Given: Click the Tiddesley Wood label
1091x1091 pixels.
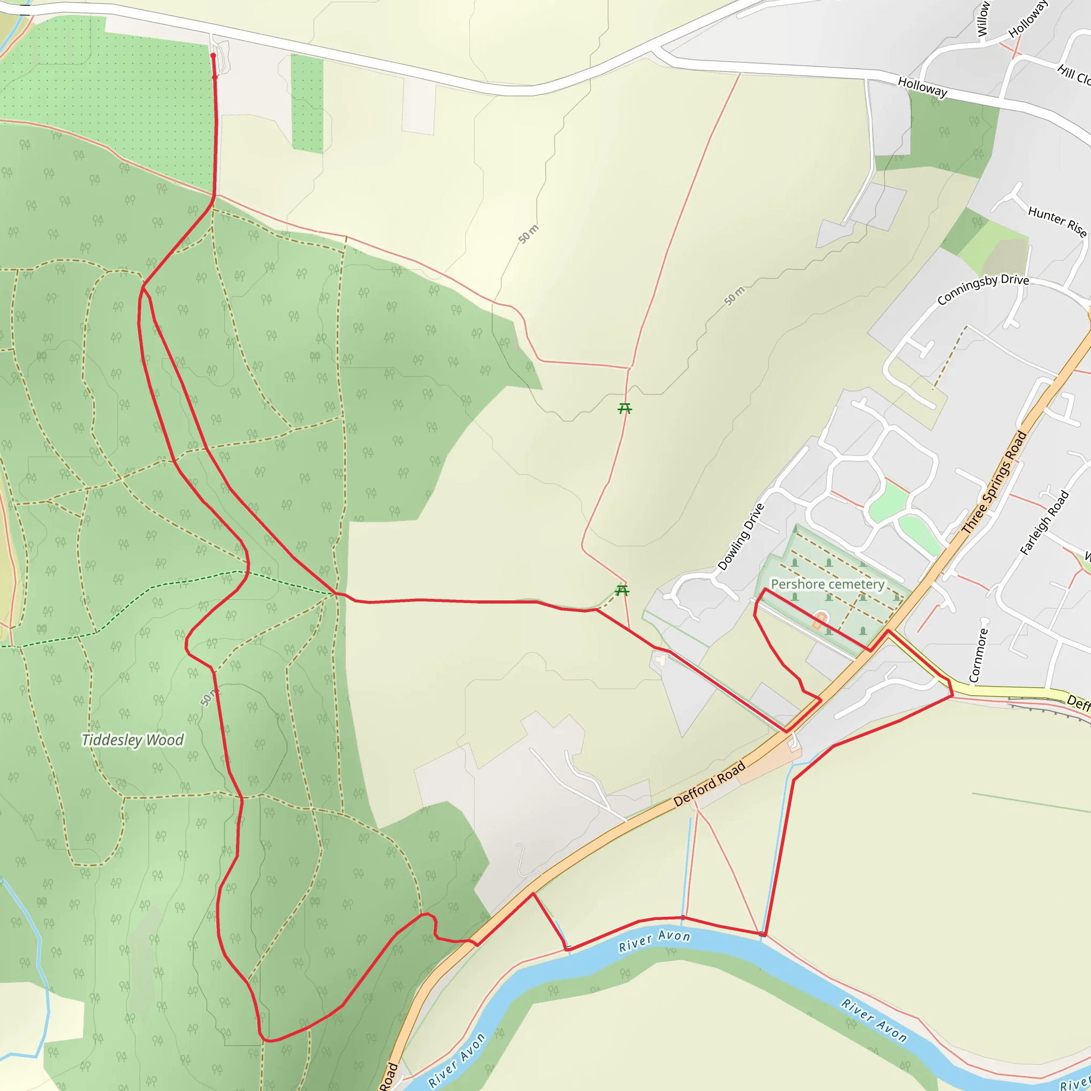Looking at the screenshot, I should coord(133,740).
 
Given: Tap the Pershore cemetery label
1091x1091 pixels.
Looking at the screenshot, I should coord(827,584).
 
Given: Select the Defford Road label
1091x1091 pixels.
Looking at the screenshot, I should coord(709,784).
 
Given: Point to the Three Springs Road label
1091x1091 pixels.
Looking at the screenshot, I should coord(994,483).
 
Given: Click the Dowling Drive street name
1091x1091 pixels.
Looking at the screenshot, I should coord(741,537).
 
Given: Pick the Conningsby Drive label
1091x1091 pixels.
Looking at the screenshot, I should coord(982,289).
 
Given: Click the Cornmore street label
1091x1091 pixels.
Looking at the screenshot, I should coord(979,656).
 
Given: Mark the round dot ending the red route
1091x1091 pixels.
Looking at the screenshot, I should coord(213,55).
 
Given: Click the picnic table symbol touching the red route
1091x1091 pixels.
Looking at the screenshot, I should coord(622,591).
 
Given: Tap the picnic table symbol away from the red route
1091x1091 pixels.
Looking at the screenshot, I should coord(624,408).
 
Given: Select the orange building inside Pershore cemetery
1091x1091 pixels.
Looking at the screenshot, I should coord(819,621).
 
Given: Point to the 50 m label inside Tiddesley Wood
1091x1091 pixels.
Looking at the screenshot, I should coord(208,697).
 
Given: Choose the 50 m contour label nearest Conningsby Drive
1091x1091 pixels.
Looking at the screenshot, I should coord(735,296).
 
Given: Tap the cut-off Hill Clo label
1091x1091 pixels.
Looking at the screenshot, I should coord(1074,75).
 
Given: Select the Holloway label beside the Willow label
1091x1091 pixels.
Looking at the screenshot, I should coord(1028,20).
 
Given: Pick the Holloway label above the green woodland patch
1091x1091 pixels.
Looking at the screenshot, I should coord(923,87).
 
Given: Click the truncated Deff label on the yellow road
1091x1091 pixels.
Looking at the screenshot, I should coord(1078,703).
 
